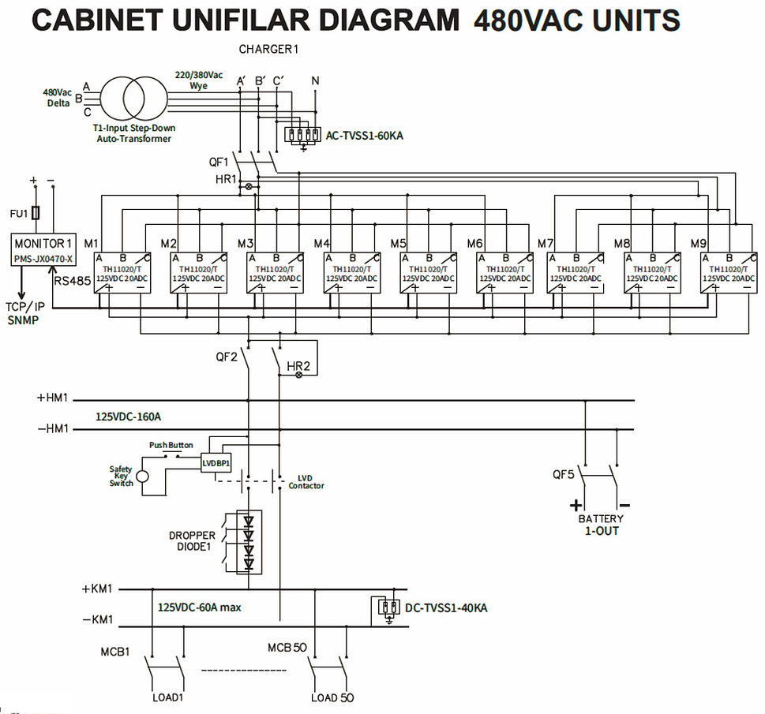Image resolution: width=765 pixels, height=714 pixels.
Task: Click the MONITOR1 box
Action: (x=44, y=250)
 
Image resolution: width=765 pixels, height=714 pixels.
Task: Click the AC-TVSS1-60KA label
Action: (x=364, y=136)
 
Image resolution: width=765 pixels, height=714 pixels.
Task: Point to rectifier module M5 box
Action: (x=428, y=272)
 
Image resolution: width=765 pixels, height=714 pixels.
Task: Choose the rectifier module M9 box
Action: (x=729, y=272)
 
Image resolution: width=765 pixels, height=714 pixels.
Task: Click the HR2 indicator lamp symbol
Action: (x=298, y=375)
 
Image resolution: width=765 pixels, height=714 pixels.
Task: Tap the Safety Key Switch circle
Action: (x=142, y=476)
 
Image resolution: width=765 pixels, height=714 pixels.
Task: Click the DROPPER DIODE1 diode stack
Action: (x=249, y=543)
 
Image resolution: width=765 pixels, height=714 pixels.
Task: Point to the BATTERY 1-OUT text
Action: (x=601, y=525)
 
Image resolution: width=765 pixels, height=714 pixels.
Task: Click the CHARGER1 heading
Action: (x=268, y=49)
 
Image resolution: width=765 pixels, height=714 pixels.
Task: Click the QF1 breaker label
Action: (x=219, y=162)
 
